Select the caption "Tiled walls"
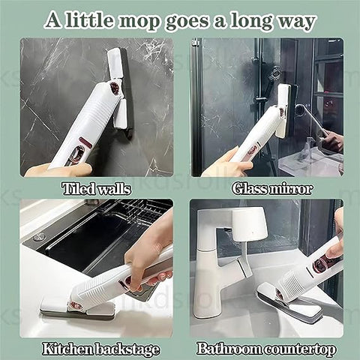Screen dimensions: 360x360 (x=97, y=189)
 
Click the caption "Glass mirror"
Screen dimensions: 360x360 (x=272, y=189)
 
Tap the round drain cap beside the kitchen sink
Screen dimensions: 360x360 (x=39, y=236)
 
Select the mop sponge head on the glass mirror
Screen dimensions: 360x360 (x=286, y=110)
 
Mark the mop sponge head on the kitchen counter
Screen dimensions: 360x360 (x=77, y=309)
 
